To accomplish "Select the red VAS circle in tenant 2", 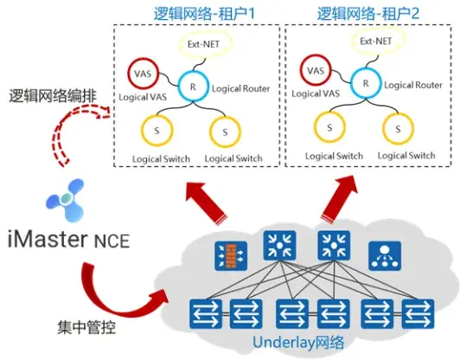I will tap(316, 71).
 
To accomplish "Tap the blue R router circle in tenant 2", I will tap(366, 84).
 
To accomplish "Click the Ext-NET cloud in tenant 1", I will tap(207, 43).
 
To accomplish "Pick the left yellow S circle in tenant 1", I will tap(157, 131).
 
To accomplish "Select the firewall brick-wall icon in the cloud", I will tap(230, 254).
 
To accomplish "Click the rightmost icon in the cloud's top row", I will tap(382, 254).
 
